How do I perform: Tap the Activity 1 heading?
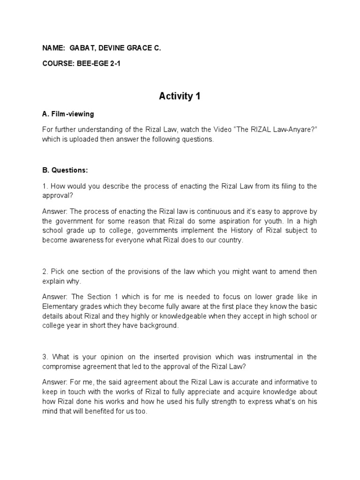pyautogui.click(x=180, y=96)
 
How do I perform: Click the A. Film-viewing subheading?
pyautogui.click(x=67, y=114)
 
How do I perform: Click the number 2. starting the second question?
pyautogui.click(x=45, y=272)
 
